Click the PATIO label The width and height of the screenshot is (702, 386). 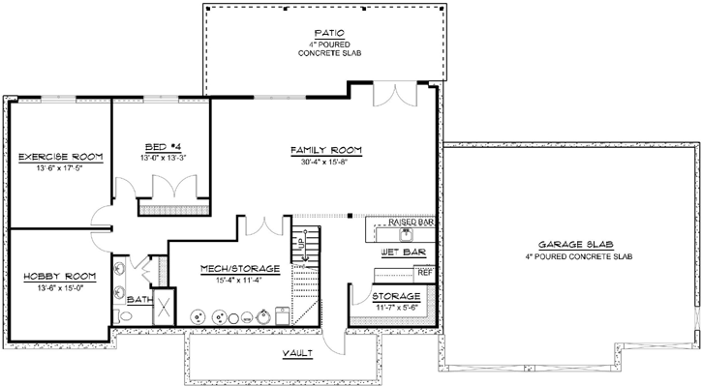[x=325, y=33]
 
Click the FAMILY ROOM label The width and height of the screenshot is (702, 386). [x=326, y=150]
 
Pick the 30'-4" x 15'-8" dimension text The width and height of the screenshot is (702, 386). [x=326, y=163]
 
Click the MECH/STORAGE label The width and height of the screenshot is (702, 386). [x=239, y=267]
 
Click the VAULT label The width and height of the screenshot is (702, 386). [x=296, y=353]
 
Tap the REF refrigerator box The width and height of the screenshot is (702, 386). [x=425, y=273]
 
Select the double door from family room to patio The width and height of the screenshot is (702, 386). [x=395, y=96]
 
